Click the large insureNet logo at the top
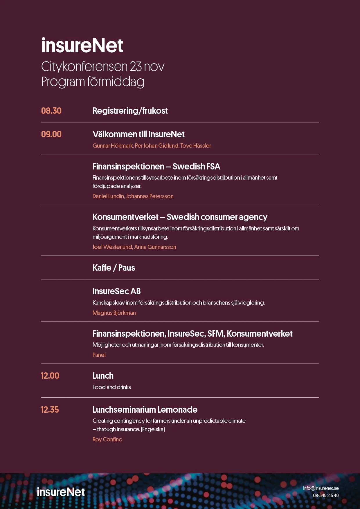pyautogui.click(x=82, y=46)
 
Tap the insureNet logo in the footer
pyautogui.click(x=61, y=492)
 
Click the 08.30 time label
pyautogui.click(x=51, y=111)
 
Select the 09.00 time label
pyautogui.click(x=51, y=134)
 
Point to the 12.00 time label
pyautogui.click(x=50, y=376)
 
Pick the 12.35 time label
pyautogui.click(x=50, y=410)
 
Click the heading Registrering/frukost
pyautogui.click(x=130, y=111)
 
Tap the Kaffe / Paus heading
pyautogui.click(x=114, y=268)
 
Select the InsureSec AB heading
pyautogui.click(x=117, y=291)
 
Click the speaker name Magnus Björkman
pyautogui.click(x=114, y=313)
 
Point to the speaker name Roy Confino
pyautogui.click(x=107, y=439)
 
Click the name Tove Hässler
pyautogui.click(x=196, y=146)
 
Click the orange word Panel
pyautogui.click(x=99, y=355)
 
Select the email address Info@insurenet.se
pyautogui.click(x=321, y=488)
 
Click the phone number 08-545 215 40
pyautogui.click(x=326, y=495)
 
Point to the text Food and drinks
pyautogui.click(x=112, y=387)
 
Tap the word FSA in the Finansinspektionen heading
pyautogui.click(x=213, y=167)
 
